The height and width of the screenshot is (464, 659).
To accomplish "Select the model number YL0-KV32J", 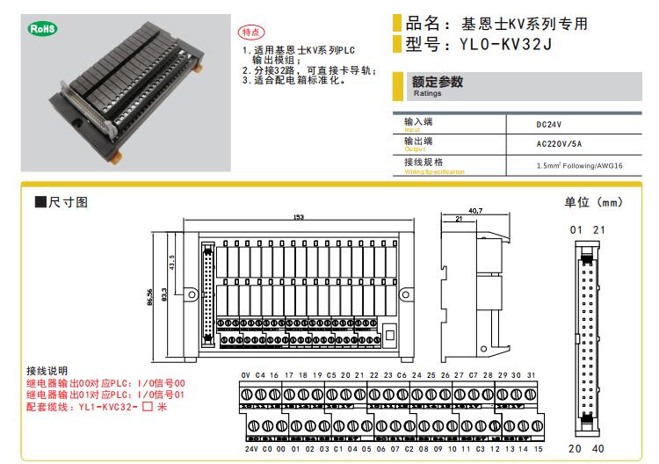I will [496, 45].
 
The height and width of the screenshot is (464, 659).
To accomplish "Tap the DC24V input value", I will [550, 125].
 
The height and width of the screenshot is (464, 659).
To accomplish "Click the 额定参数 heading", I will [438, 83].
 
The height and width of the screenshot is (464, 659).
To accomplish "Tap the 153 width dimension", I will [299, 217].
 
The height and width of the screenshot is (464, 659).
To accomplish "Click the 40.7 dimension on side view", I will [475, 211].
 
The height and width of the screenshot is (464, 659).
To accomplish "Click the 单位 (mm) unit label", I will [593, 202].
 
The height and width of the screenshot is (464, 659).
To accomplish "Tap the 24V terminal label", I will [252, 449].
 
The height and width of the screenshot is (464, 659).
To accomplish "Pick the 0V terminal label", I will [246, 375].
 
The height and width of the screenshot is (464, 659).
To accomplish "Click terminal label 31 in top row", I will [531, 375].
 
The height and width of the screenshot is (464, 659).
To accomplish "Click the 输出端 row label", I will [418, 141].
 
